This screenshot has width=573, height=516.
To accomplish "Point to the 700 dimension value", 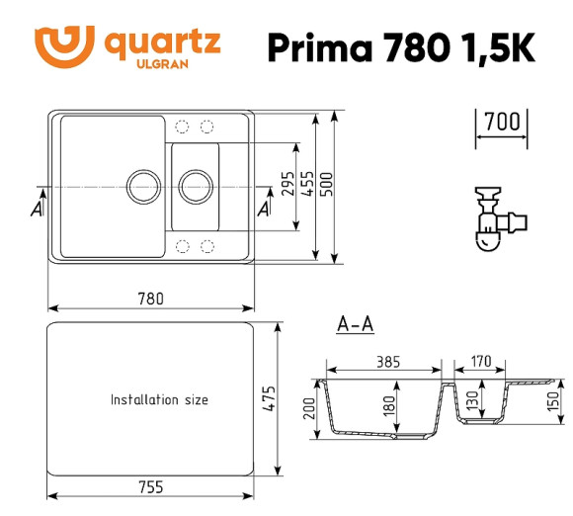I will tap(503, 123).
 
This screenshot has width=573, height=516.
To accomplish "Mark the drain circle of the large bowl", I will tap(141, 185).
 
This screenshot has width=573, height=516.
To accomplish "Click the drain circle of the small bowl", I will tap(195, 185).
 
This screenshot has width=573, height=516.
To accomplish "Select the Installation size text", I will tap(159, 400).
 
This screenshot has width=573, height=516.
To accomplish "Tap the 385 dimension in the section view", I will tap(387, 362).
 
